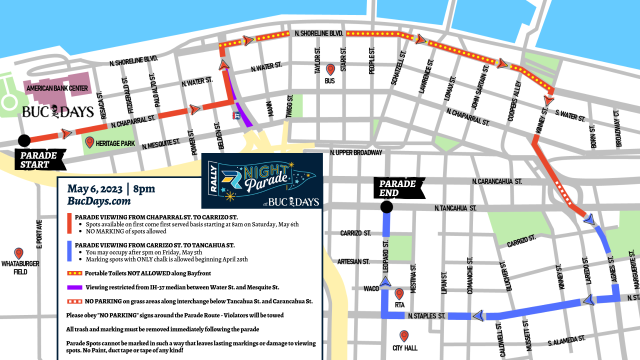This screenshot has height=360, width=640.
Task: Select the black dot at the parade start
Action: pyautogui.click(x=23, y=140)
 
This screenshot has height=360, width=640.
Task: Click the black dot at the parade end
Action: pyautogui.click(x=386, y=207)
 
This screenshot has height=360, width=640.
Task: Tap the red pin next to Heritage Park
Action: pyautogui.click(x=90, y=142)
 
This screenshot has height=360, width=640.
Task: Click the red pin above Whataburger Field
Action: pyautogui.click(x=19, y=253)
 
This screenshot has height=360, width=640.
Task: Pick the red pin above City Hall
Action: pyautogui.click(x=404, y=336)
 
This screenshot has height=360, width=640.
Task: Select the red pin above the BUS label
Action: pyautogui.click(x=330, y=69)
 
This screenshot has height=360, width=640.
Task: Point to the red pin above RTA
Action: pyautogui.click(x=399, y=294)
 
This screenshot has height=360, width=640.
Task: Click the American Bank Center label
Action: pyautogui.click(x=57, y=88)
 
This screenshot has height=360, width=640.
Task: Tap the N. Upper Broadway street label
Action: pyautogui.click(x=356, y=152)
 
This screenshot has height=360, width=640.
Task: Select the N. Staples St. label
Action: pyautogui.click(x=426, y=316)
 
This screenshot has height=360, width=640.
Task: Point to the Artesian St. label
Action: pyautogui.click(x=353, y=261)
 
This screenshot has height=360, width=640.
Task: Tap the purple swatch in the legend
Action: pyautogui.click(x=74, y=287)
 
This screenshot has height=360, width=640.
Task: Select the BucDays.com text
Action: pyautogui.click(x=99, y=201)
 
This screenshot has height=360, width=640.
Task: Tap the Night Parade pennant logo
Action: pyautogui.click(x=261, y=180)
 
